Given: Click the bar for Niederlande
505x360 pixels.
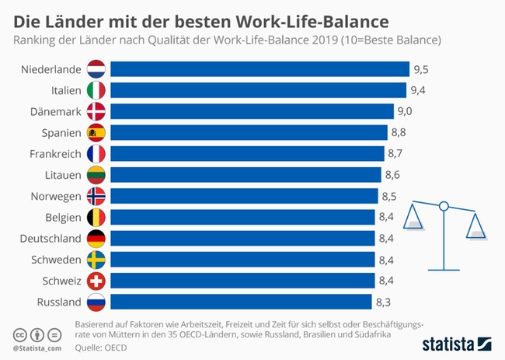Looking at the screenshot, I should coord(259,69).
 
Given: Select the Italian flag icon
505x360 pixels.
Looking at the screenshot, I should coord(97,90).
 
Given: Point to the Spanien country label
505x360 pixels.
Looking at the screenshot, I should coord(60,132).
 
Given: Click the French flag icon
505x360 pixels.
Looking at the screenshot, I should coord(97,153).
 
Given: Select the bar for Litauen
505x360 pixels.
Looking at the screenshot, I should coord(246,174).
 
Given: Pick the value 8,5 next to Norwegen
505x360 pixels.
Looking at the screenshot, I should coord(388,195).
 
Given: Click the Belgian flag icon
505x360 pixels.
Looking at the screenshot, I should coord(97,217).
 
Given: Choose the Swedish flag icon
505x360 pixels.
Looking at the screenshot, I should coord(97,259).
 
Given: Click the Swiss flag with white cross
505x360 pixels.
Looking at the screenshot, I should coord(97,280).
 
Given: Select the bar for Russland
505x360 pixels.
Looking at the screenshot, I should coord(241,302).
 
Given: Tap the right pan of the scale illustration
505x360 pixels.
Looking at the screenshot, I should coord(475,231).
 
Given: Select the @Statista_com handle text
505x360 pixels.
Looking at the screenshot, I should coord(38,348).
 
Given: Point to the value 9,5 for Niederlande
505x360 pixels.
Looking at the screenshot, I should coord(421,69).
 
